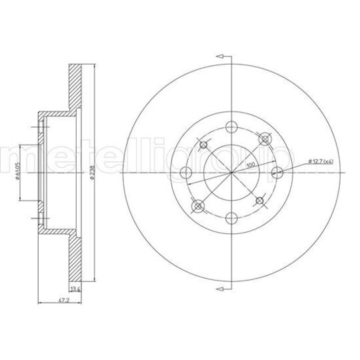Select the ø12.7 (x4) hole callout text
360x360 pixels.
click(x=324, y=161)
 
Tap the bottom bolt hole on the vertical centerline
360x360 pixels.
click(x=231, y=219)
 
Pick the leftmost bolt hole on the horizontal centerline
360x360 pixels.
click(x=185, y=173)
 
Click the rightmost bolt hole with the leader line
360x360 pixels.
click(x=278, y=173)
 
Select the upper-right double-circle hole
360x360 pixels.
click(x=265, y=139)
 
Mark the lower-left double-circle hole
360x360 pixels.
click(x=197, y=206)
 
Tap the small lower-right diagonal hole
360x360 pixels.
click(x=258, y=200)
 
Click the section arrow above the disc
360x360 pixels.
click(x=223, y=56)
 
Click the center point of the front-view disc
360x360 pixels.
click(x=231, y=173)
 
